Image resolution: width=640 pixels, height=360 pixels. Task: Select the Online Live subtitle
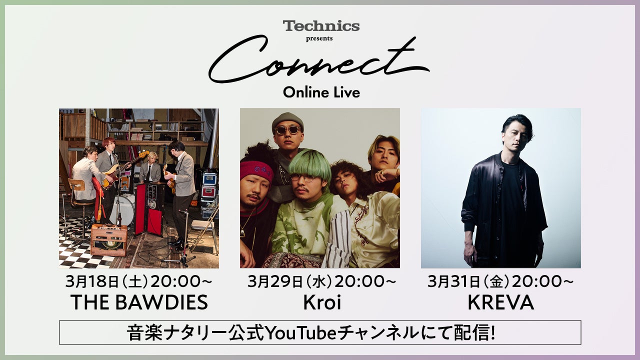321,92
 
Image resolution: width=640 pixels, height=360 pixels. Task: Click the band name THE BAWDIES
139,302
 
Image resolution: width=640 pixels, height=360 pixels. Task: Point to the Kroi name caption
320,302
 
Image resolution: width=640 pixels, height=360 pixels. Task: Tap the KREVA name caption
500,302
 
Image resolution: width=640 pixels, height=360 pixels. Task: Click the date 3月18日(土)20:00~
139,281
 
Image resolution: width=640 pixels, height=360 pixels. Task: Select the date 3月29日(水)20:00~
320,281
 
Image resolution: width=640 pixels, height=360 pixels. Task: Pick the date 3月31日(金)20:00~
500,281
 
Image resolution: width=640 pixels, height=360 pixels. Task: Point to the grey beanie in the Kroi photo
287,119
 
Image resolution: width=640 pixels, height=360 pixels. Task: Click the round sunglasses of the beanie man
288,130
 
